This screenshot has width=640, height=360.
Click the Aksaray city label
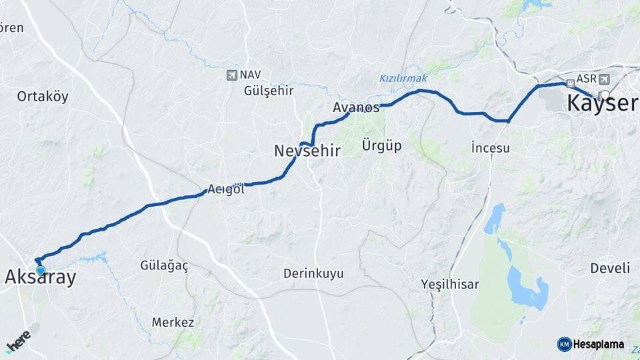click(40, 278)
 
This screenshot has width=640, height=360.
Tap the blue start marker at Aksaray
click(41, 271)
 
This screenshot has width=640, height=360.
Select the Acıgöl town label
click(226, 189)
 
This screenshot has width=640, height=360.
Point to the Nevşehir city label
click(307, 151)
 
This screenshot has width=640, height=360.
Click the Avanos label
click(356, 107)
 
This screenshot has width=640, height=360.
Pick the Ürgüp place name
click(381, 145)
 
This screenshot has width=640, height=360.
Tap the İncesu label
click(490, 148)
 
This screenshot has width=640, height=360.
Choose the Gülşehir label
click(269, 91)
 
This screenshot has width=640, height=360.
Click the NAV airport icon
click(231, 75)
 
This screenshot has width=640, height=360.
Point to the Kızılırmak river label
click(403, 79)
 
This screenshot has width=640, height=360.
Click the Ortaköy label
click(43, 97)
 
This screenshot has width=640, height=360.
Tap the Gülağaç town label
click(164, 265)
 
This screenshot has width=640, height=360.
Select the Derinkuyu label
click(313, 273)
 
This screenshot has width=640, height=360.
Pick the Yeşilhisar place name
click(450, 285)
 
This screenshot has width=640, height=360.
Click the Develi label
click(609, 268)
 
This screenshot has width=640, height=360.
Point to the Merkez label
click(173, 323)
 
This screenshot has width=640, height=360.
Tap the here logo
click(18, 340)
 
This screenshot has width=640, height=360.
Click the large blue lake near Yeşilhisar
click(527, 288)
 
